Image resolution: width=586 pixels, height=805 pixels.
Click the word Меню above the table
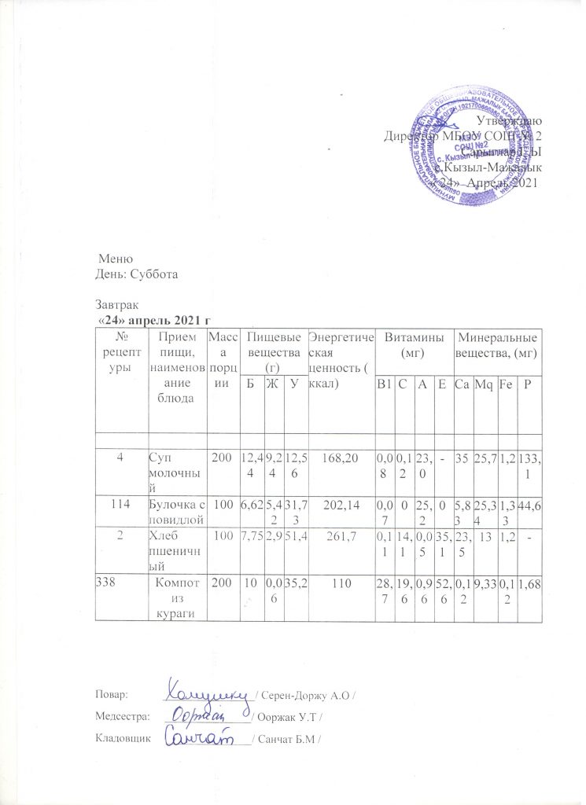[116, 259]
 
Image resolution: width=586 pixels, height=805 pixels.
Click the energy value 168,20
[341, 454]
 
